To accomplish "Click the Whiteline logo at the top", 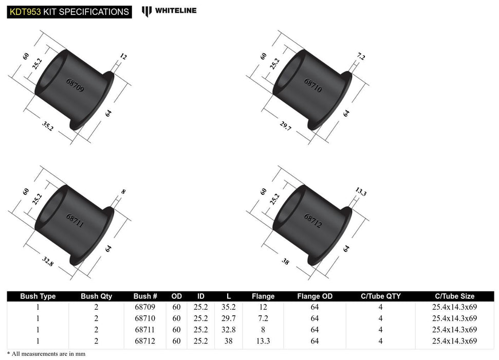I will (169, 11).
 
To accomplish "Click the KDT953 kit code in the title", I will (25, 11).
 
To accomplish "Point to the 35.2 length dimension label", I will (47, 126).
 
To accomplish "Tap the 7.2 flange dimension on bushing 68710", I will (360, 57).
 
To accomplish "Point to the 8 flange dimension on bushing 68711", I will (123, 192).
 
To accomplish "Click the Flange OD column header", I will (315, 296).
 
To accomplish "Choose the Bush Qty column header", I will (96, 296).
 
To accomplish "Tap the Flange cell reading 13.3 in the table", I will (263, 340).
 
